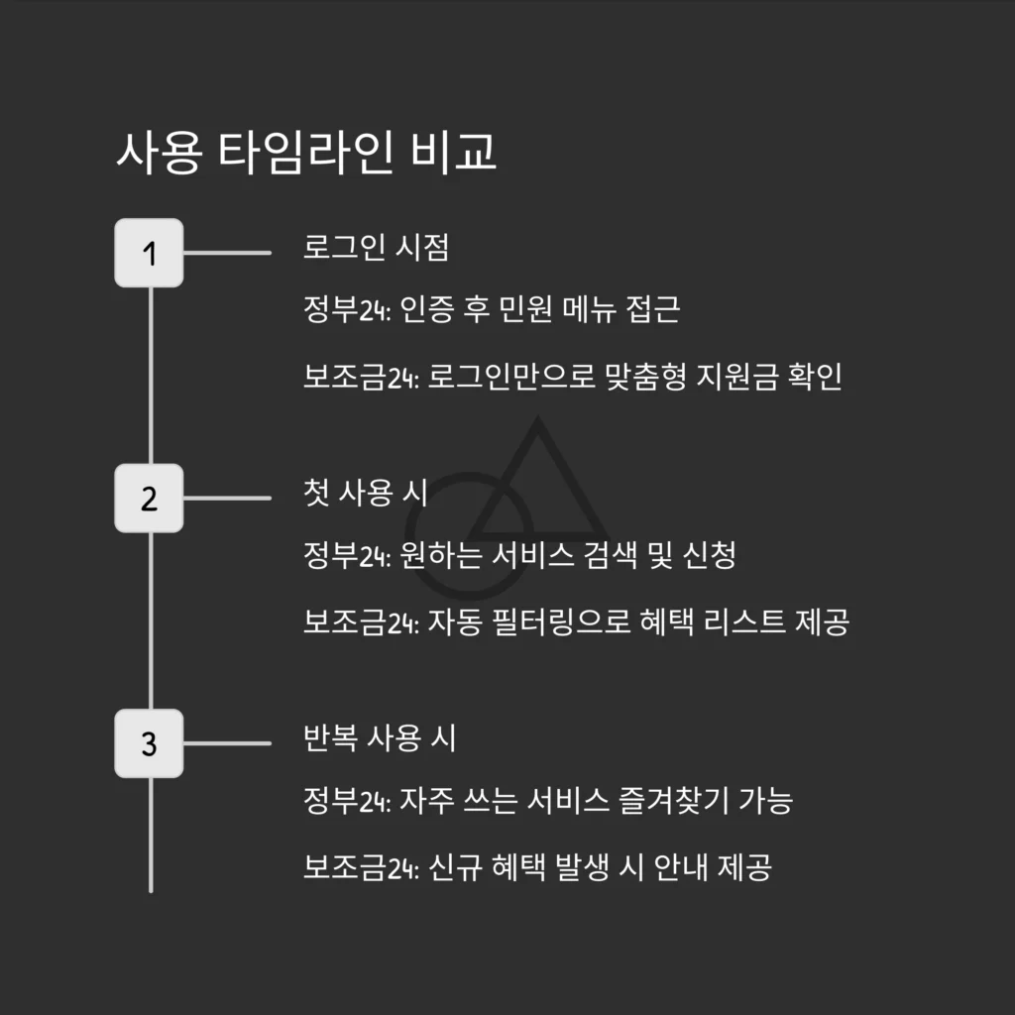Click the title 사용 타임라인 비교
click(x=306, y=153)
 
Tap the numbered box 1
click(x=149, y=253)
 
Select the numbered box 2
click(x=149, y=498)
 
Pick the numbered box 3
click(x=149, y=743)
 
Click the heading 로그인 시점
click(x=376, y=247)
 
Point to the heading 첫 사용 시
click(x=365, y=493)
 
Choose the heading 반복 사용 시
click(x=380, y=737)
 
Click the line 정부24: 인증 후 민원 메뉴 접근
click(x=492, y=309)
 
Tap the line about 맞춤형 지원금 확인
click(x=573, y=376)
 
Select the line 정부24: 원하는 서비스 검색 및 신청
click(x=519, y=555)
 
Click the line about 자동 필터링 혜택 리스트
click(x=576, y=621)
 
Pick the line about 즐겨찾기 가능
click(x=548, y=800)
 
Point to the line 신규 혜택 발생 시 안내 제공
click(x=537, y=866)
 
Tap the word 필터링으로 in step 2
click(x=561, y=621)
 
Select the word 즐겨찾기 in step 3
click(x=674, y=800)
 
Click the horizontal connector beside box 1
click(x=227, y=253)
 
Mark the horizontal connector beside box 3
click(x=227, y=743)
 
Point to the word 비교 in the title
click(x=454, y=153)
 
